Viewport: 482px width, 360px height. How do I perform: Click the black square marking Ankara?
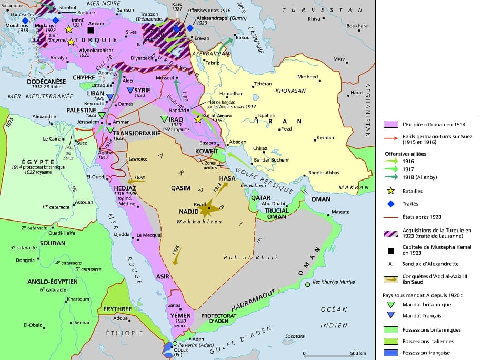tap(91, 31)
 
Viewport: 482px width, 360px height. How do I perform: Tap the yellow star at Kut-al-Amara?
tap(198, 120)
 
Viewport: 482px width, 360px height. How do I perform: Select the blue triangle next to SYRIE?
tap(130, 90)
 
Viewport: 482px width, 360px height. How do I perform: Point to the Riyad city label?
tap(199, 203)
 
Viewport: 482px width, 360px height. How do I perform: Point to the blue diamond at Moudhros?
tap(25, 20)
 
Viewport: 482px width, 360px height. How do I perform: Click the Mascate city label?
tap(340, 212)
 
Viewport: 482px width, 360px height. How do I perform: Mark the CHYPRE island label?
tap(84, 77)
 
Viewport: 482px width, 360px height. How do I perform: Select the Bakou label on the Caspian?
tap(242, 37)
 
